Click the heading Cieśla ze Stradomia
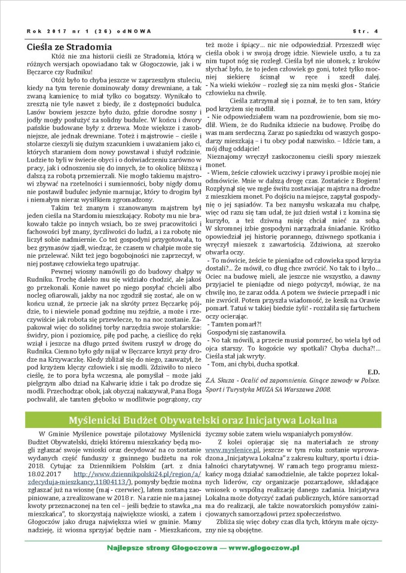point(70,46)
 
